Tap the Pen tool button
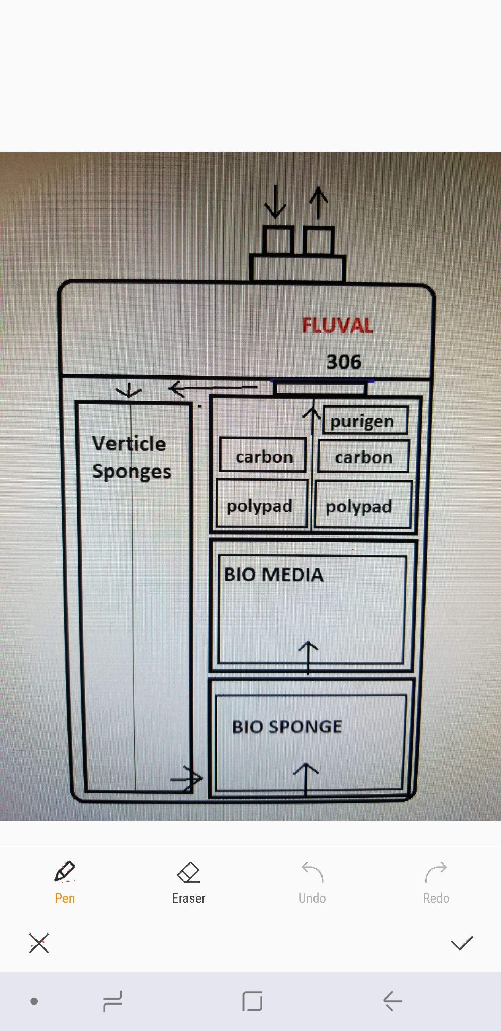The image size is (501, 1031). tap(65, 882)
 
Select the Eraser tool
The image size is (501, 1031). tap(188, 882)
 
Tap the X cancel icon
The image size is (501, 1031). tap(39, 943)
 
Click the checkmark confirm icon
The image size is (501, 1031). tap(462, 943)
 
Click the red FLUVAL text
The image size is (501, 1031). tap(337, 325)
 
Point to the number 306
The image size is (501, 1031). tap(344, 362)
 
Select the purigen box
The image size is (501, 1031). tap(365, 421)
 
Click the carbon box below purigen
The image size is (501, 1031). tap(364, 457)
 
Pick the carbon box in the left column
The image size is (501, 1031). tap(263, 456)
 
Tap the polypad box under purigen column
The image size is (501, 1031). tap(363, 505)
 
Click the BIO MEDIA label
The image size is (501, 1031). tap(274, 575)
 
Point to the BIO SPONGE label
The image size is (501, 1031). tap(287, 727)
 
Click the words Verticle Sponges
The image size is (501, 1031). tap(130, 457)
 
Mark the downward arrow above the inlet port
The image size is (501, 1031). tap(275, 202)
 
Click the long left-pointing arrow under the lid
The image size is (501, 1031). tap(213, 388)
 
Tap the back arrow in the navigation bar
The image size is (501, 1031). tap(392, 1001)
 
